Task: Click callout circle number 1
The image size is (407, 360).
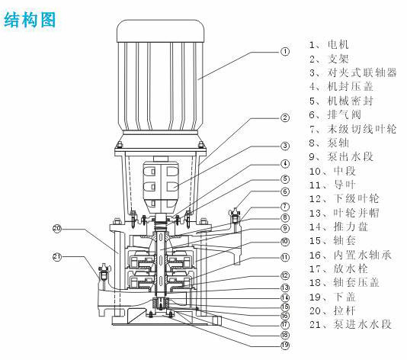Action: point(285,53)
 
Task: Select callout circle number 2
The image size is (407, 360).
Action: point(285,117)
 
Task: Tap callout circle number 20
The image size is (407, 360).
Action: point(56,228)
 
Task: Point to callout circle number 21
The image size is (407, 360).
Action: point(56,256)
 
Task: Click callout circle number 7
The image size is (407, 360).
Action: point(285,206)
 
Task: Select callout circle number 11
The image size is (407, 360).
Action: point(285,257)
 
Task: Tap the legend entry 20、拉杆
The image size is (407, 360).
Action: point(332,310)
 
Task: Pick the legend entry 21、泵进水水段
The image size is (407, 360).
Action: point(350,325)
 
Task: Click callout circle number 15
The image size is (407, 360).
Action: point(285,306)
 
